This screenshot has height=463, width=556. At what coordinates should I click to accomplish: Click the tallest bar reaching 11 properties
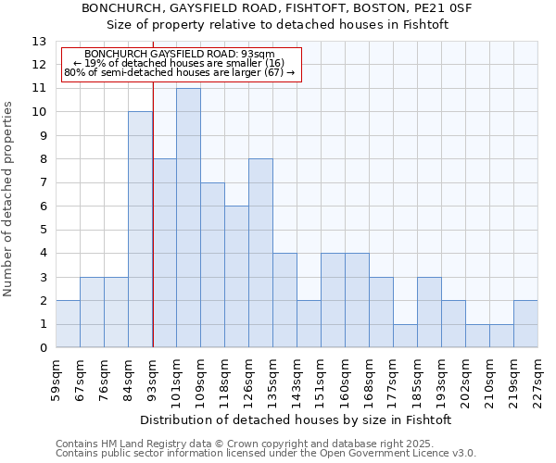(x=188, y=219)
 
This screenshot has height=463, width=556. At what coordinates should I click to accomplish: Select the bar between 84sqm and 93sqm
(x=140, y=230)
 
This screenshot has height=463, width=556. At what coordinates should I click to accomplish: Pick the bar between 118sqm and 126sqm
(x=236, y=277)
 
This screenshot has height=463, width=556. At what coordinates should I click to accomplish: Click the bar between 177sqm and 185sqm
(x=405, y=336)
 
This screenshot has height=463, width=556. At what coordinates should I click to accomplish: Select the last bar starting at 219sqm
(x=525, y=324)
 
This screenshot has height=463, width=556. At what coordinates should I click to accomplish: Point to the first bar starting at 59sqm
(x=68, y=324)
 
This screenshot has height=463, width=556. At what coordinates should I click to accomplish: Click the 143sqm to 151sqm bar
(x=309, y=324)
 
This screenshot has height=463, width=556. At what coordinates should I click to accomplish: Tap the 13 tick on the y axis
(x=39, y=42)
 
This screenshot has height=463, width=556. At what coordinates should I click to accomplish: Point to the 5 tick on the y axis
(x=42, y=230)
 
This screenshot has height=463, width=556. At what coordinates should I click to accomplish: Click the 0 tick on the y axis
(x=42, y=348)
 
